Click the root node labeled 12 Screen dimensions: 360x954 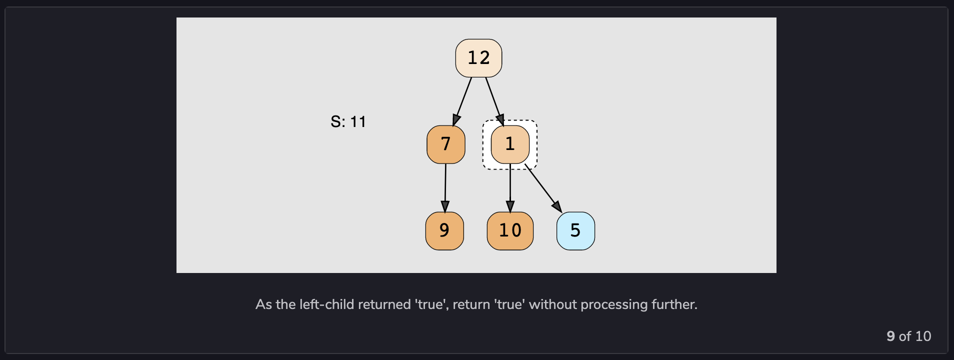click(x=478, y=58)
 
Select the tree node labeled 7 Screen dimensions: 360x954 click(x=445, y=144)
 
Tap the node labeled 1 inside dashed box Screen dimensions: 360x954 click(x=510, y=144)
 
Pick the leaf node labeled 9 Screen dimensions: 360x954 click(x=444, y=231)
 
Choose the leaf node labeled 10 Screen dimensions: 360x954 click(x=510, y=231)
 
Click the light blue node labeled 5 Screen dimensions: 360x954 click(x=575, y=231)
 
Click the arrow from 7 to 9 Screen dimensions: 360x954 click(x=445, y=187)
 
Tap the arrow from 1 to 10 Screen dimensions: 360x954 click(x=510, y=187)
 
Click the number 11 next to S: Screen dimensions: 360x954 click(x=358, y=122)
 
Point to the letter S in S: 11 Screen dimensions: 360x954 click(x=335, y=122)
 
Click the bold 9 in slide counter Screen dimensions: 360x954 click(x=890, y=336)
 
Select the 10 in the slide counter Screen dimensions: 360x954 click(x=923, y=336)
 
